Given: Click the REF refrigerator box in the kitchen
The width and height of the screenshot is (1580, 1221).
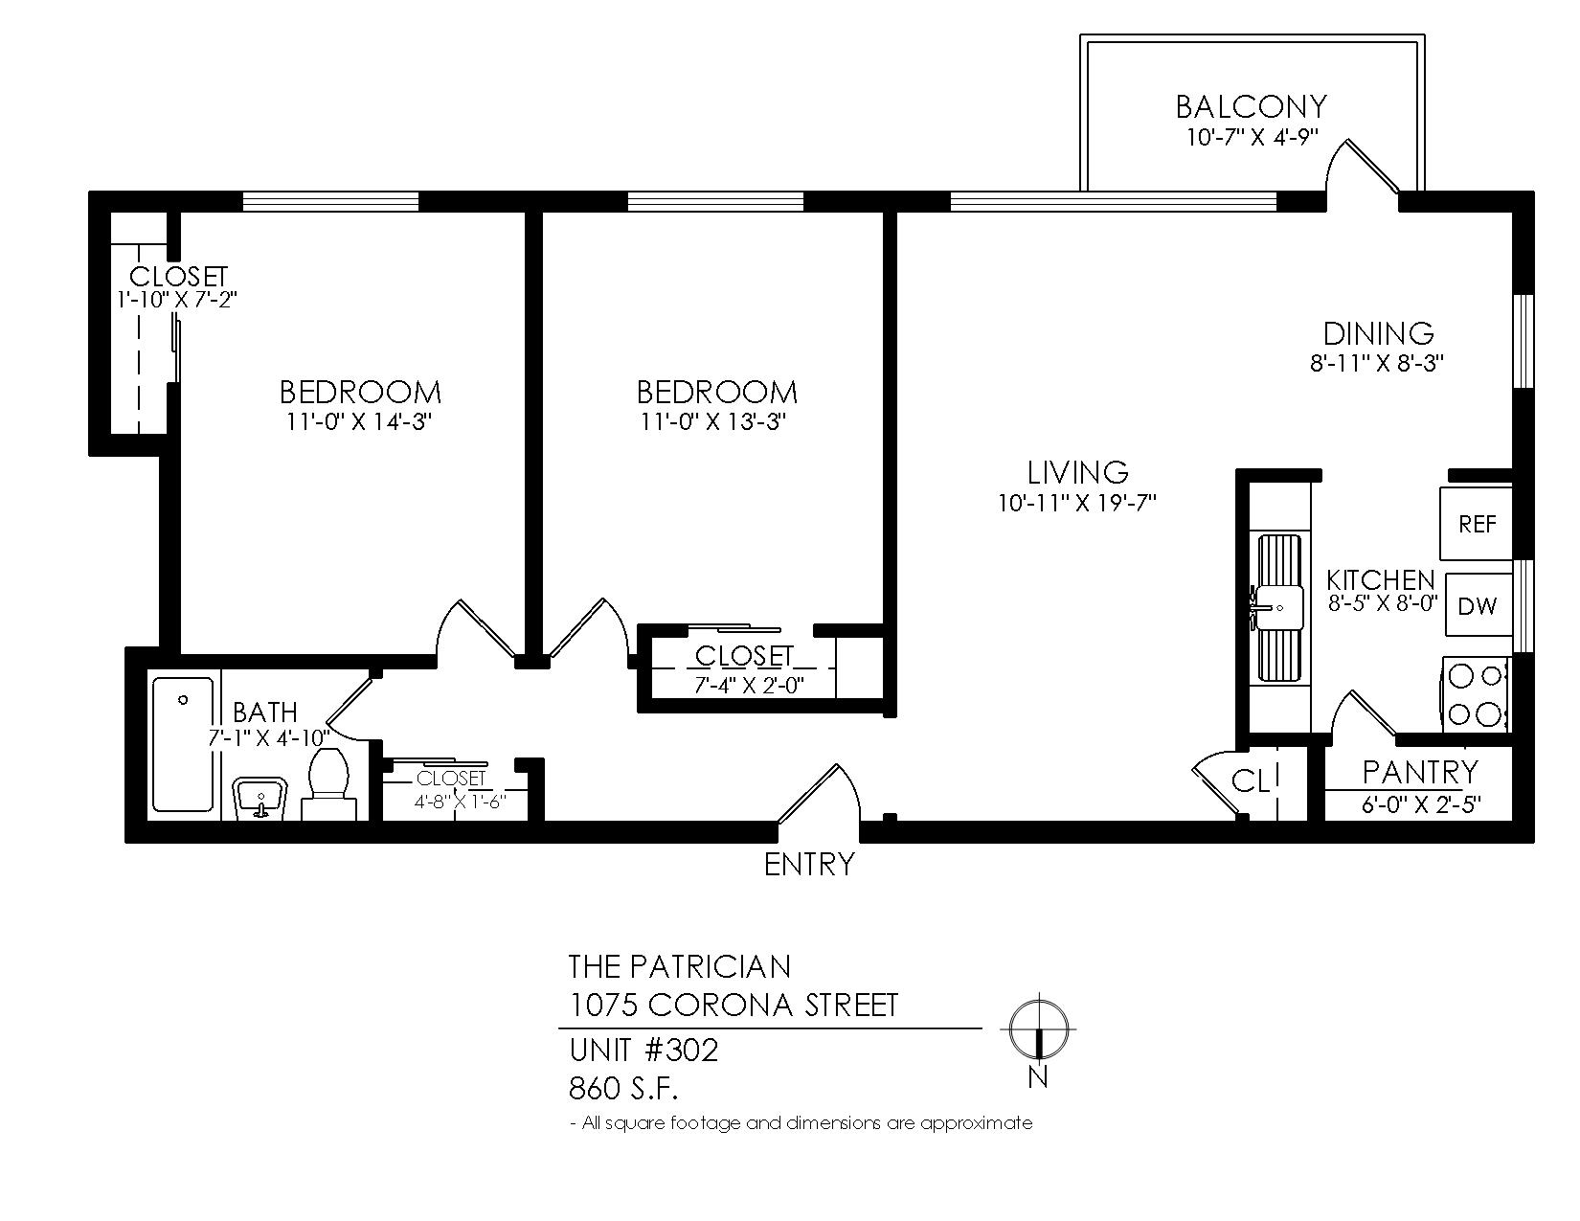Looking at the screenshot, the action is (x=1476, y=523).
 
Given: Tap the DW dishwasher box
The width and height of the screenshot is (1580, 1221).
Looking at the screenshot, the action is (x=1478, y=605).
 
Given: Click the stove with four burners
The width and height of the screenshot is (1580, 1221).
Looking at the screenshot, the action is (x=1476, y=694).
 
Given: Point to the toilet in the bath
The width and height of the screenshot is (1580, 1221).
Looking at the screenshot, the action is (x=329, y=785).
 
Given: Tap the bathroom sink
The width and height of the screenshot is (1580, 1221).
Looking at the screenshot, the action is (x=260, y=800).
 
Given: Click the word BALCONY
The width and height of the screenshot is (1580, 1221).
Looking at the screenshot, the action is (x=1251, y=107).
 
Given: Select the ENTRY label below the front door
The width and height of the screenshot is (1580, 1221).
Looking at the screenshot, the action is (x=809, y=864).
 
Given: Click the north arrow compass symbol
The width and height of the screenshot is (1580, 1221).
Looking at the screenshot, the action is (x=1038, y=1029).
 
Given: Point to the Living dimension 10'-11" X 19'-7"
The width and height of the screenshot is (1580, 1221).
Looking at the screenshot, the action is (x=1077, y=503).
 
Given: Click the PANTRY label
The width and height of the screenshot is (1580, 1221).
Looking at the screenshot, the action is (x=1420, y=772).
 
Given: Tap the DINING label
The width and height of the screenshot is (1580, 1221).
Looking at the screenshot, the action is (x=1378, y=334).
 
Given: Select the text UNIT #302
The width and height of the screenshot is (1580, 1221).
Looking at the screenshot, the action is (x=644, y=1051).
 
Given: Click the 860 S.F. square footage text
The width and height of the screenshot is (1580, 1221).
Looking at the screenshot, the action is (x=623, y=1089).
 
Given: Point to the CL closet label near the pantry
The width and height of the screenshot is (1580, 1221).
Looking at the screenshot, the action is (x=1250, y=781).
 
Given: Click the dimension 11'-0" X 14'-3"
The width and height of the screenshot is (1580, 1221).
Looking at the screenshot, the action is (x=359, y=421).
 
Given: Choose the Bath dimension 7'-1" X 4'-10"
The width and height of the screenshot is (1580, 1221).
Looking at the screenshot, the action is (x=269, y=738).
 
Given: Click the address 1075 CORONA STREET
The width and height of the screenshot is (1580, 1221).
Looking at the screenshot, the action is (x=733, y=1005).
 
